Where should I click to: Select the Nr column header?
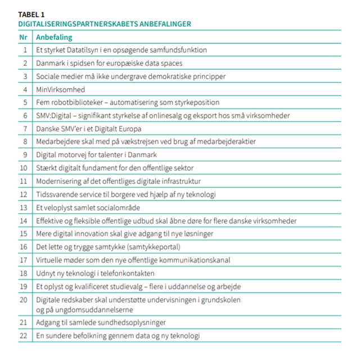point(23,37)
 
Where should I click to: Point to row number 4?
point(25,89)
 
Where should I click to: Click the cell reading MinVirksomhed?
point(61,89)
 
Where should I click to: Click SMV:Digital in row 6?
point(55,116)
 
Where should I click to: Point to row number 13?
point(24,207)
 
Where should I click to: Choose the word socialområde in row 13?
point(121,207)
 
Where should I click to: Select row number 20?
point(24,300)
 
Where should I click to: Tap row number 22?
point(24,336)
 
